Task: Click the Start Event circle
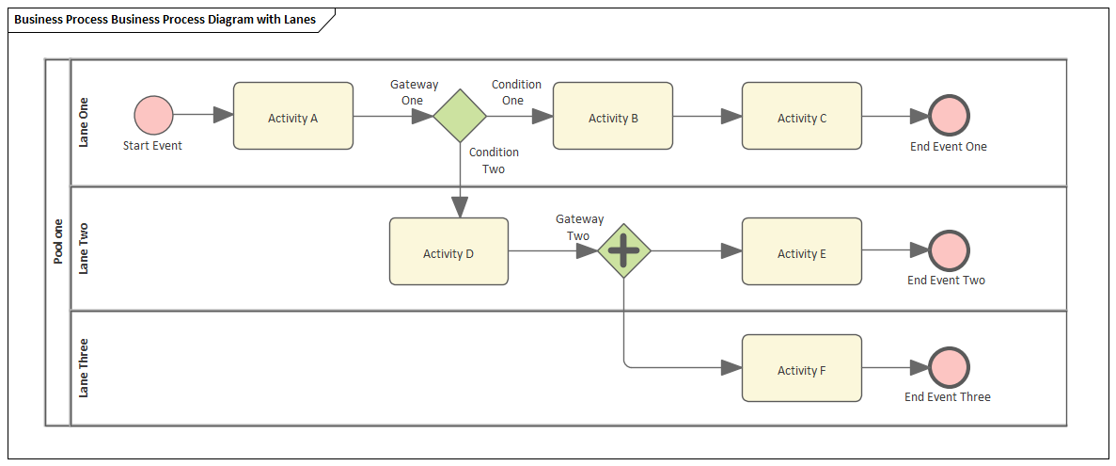tap(153, 115)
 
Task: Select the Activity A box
tap(293, 116)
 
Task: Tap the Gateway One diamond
tap(460, 116)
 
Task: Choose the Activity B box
tap(613, 116)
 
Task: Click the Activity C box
tap(802, 116)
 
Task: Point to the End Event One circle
tap(949, 115)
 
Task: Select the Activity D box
tap(448, 251)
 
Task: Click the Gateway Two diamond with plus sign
tap(624, 250)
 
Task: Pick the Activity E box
tap(802, 251)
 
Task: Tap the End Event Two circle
tap(949, 250)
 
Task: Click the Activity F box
tap(802, 368)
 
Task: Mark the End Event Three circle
tap(949, 367)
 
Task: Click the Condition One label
tap(516, 92)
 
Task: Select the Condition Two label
tap(494, 160)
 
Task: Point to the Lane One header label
tap(84, 122)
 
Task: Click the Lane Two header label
tap(84, 249)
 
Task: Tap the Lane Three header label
tap(84, 368)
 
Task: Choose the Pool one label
tap(58, 241)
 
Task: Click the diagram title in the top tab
tap(165, 20)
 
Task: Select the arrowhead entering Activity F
tap(731, 368)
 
